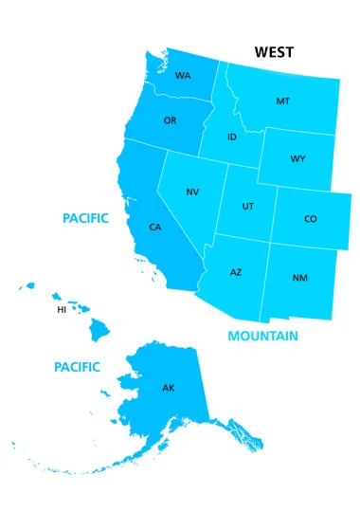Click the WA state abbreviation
(183, 77)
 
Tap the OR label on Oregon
(170, 120)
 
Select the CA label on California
(154, 228)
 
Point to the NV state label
(192, 192)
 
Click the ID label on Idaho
(232, 137)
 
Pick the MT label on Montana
(282, 101)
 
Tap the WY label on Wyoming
(297, 158)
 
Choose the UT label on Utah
(247, 206)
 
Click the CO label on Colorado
(310, 219)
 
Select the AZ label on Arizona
(236, 272)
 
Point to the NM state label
(299, 278)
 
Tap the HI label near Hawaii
(62, 309)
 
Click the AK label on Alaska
(169, 388)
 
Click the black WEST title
(274, 52)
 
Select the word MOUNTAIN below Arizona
(262, 336)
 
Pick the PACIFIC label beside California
(85, 218)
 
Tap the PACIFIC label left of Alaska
(77, 366)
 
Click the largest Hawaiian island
(99, 329)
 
